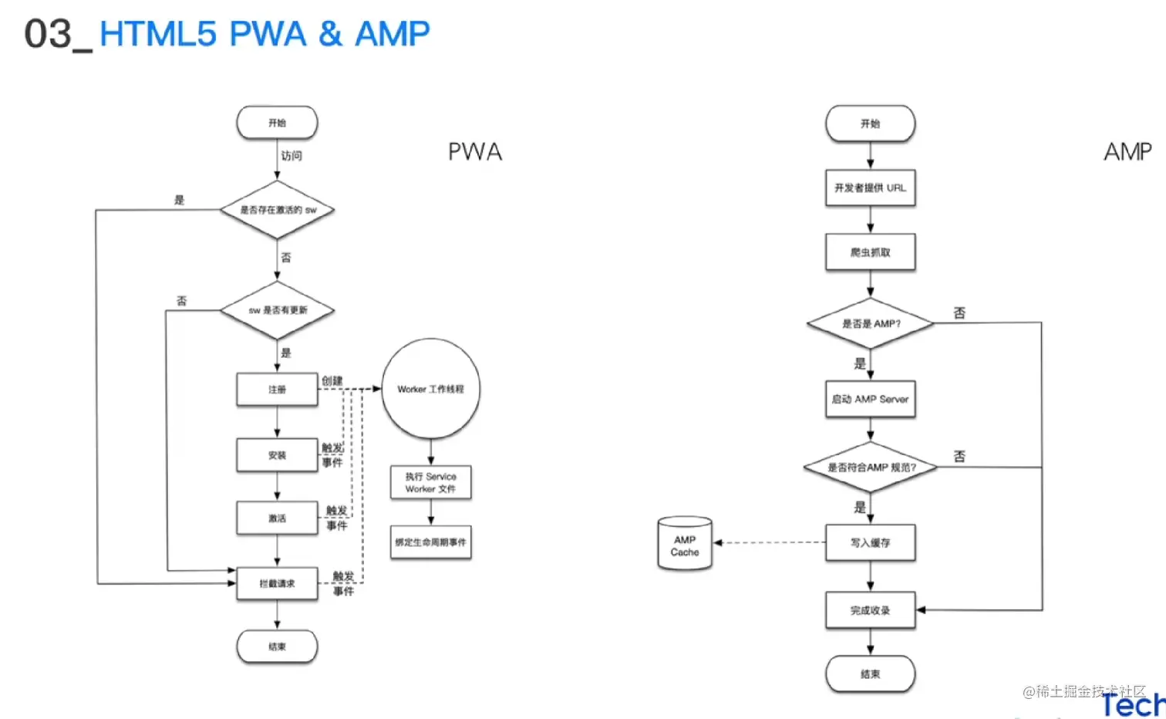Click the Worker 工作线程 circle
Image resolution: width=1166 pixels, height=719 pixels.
[x=430, y=389]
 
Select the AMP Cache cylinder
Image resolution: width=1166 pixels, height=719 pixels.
[x=685, y=545]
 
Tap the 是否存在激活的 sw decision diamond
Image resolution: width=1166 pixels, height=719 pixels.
[x=277, y=210]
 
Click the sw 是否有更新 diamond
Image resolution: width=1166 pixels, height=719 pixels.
[x=277, y=310]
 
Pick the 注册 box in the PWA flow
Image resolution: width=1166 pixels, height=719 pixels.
[x=277, y=390]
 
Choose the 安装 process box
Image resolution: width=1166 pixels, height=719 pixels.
[x=277, y=455]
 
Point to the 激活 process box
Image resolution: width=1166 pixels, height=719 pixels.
[x=277, y=518]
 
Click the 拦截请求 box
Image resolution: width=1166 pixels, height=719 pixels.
[x=277, y=583]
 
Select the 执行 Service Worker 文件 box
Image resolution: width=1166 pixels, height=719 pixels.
[x=430, y=483]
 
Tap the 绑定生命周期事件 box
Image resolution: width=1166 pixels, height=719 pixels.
[x=430, y=542]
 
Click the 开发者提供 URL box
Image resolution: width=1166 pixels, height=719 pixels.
[x=870, y=187]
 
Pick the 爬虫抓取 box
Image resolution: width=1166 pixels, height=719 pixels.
[x=870, y=252]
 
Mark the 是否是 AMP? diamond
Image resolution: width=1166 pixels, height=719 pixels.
[x=870, y=323]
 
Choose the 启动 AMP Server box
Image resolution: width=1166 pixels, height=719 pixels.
[x=870, y=399]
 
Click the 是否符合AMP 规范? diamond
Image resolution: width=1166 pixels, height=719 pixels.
[x=870, y=467]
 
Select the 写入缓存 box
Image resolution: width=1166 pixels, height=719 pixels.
[x=870, y=543]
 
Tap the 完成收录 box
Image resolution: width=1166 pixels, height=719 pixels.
[x=870, y=610]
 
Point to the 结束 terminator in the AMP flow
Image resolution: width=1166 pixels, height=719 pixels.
[x=870, y=674]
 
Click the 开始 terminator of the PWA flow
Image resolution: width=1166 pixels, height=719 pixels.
[x=277, y=123]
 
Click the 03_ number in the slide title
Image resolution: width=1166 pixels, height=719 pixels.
[x=56, y=35]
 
